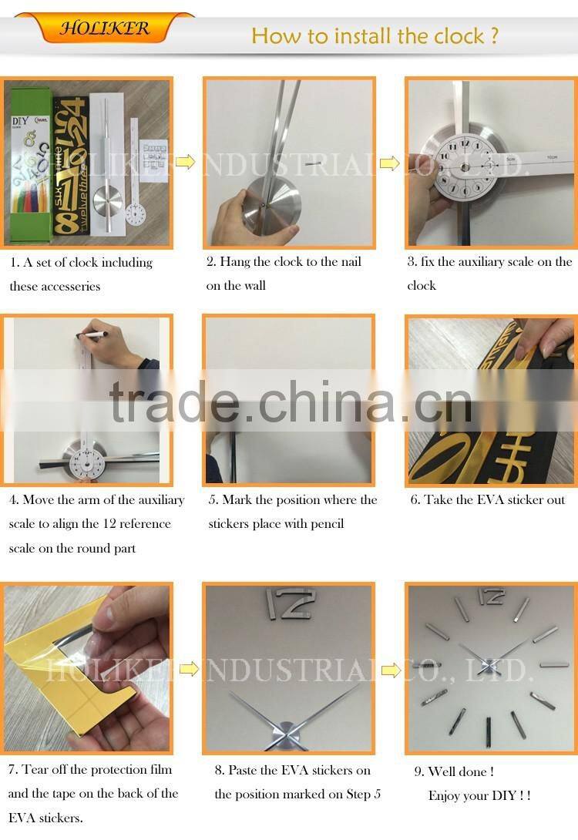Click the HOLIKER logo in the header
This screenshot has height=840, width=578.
point(106,29)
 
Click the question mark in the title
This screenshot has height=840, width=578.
point(493,35)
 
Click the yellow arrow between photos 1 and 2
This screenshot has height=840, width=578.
point(185,162)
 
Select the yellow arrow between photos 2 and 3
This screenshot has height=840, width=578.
point(390,163)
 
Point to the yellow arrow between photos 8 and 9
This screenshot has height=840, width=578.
point(391,670)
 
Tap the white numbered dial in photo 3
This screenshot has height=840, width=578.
point(465,167)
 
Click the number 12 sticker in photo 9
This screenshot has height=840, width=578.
point(490,596)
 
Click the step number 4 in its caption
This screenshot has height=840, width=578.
point(13,500)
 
